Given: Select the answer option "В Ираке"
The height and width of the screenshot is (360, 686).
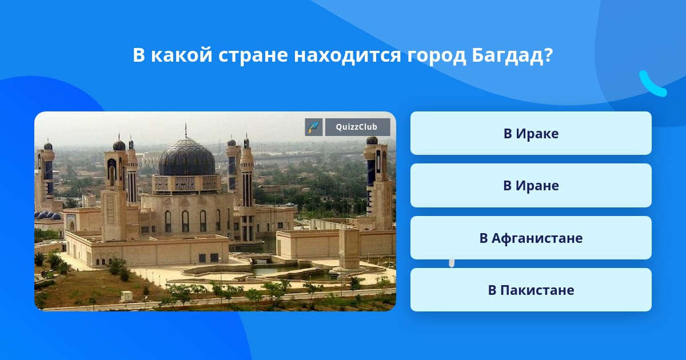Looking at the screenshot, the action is tap(531, 133).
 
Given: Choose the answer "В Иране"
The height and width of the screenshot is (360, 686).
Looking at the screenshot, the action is tap(531, 186).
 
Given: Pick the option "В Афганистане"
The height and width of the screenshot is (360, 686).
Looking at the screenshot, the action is tap(531, 238).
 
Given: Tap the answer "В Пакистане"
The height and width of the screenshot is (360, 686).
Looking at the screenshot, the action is tap(531, 290).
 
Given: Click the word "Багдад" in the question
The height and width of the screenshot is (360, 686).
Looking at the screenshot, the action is tap(507, 55).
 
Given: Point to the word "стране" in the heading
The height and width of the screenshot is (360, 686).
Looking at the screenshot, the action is tap(253, 55).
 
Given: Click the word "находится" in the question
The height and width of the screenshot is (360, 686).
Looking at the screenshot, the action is tap(348, 55).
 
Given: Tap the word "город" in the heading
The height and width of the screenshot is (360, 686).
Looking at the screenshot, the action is tap(436, 55).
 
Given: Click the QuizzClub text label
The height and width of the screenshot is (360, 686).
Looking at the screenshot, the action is tap(357, 127).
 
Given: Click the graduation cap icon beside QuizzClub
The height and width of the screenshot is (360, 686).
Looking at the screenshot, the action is tap(314, 127).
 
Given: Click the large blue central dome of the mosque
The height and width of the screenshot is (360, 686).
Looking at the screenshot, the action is tap(186, 158).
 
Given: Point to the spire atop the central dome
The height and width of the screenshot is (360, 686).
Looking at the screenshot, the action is tap(186, 130).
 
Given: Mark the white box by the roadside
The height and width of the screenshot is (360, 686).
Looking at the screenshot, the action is tap(126, 297).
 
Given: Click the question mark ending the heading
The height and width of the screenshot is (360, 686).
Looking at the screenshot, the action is tap(548, 55).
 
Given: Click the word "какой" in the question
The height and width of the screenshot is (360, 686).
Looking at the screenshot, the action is tap(182, 55).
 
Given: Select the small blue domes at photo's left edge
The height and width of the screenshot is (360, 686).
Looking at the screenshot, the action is tap(48, 215).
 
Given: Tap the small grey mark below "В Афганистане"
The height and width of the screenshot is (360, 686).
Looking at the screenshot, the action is tap(452, 263).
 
